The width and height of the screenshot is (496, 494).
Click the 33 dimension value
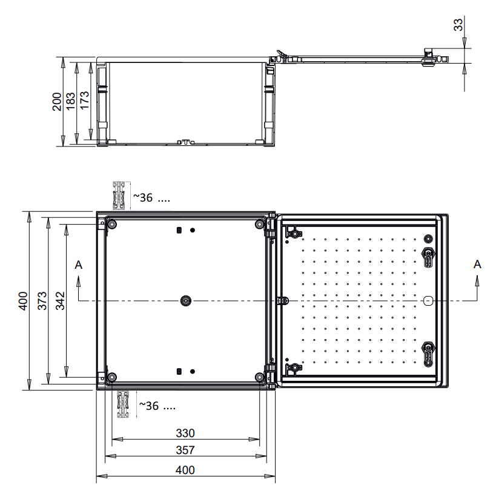coord(458,24)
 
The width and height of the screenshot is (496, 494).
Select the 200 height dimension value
coord(57,102)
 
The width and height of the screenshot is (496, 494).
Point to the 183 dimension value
coord(70,101)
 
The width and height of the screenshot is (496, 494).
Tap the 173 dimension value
coord(84,100)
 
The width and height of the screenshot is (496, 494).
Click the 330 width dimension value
coord(185,433)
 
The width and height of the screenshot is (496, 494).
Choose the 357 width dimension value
coord(185,450)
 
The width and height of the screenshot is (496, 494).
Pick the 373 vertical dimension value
coord(42,301)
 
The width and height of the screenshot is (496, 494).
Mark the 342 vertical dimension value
coord(60,301)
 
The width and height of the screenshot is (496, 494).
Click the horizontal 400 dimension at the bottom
coord(185,470)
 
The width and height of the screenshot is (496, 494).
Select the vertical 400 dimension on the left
coord(23,301)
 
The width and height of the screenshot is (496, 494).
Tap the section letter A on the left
coord(79,265)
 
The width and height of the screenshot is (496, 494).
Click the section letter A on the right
coord(477,264)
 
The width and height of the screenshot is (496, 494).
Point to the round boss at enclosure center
coord(186,300)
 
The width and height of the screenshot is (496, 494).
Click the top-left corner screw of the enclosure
coord(112,225)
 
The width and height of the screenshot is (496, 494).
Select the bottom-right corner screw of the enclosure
coord(259,377)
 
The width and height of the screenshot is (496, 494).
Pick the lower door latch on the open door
coord(428,354)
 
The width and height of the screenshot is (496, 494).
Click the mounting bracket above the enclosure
coord(119,196)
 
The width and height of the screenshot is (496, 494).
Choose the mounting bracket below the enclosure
coord(123,404)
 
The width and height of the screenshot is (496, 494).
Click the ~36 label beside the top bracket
coord(143,198)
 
